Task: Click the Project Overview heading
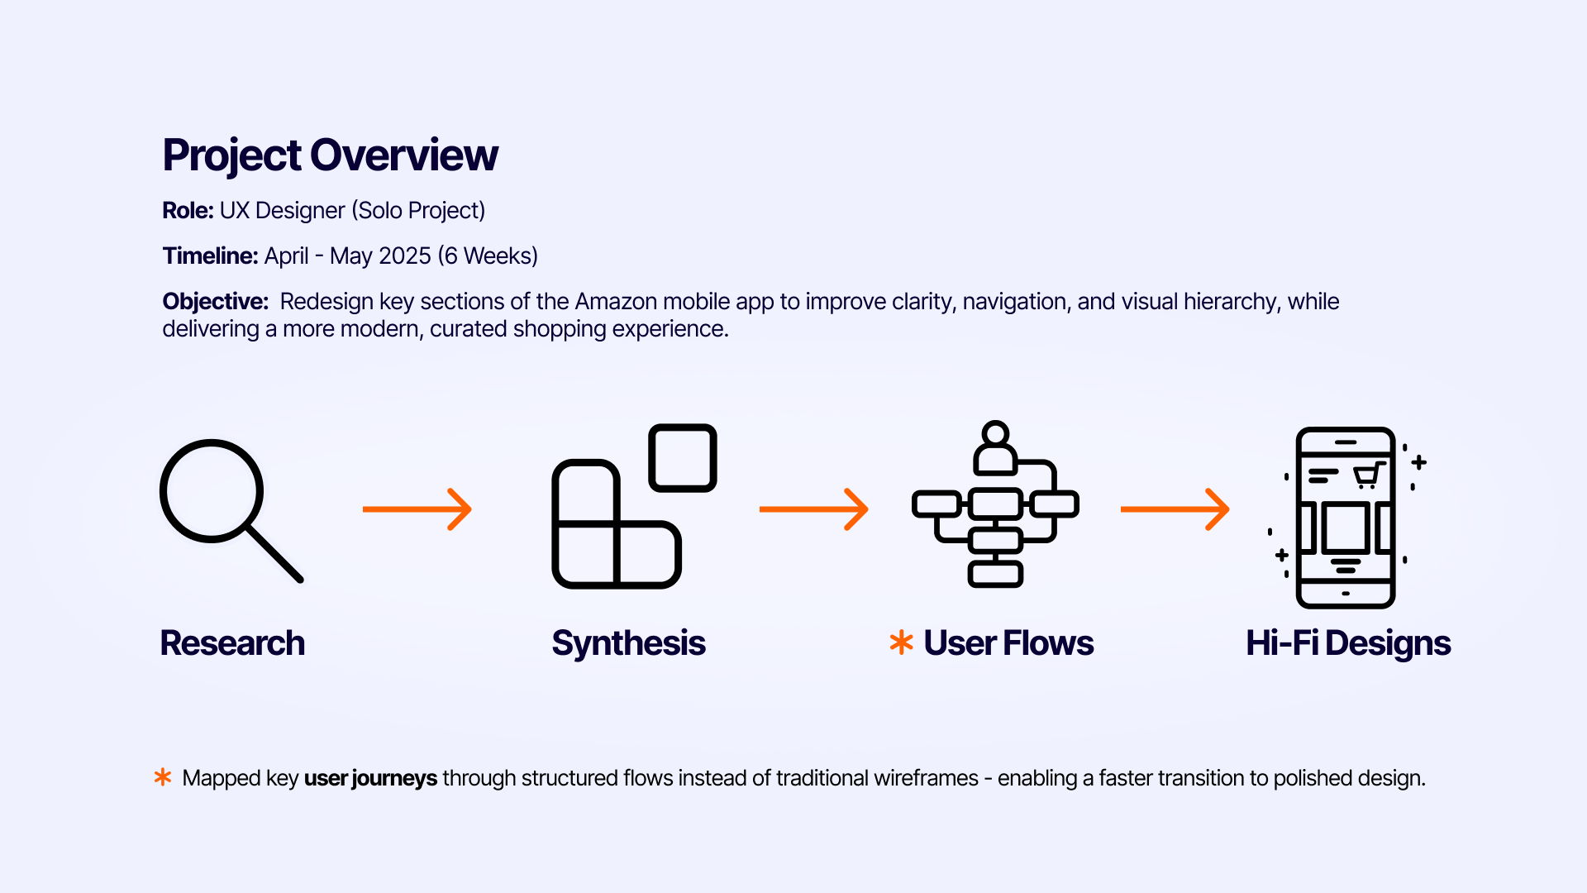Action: [330, 155]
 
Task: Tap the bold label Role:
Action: [188, 211]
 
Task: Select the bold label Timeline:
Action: [210, 256]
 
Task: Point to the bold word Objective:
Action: [215, 302]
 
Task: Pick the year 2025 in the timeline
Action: [405, 256]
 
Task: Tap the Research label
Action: [232, 643]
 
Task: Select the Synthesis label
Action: [628, 643]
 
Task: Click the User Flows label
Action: [1008, 643]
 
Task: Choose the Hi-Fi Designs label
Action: [1348, 643]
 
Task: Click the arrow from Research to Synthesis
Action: [417, 509]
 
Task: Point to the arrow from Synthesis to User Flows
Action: [814, 509]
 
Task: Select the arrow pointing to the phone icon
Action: [1175, 509]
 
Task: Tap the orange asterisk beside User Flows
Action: [901, 642]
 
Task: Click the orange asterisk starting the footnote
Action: [163, 777]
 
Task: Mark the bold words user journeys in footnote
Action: [370, 779]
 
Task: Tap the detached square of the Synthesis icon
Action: [683, 458]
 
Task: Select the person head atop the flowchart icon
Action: [996, 434]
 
